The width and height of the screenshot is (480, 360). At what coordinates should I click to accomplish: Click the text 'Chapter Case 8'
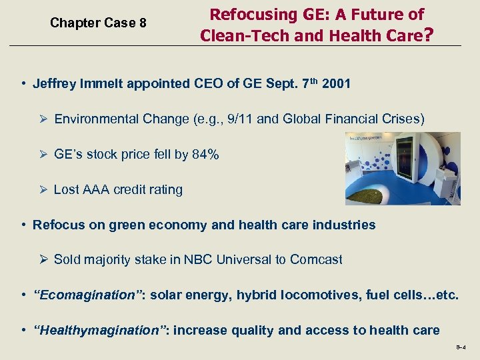tap(98, 23)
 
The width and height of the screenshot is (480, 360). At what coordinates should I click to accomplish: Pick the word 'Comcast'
tap(316, 259)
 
